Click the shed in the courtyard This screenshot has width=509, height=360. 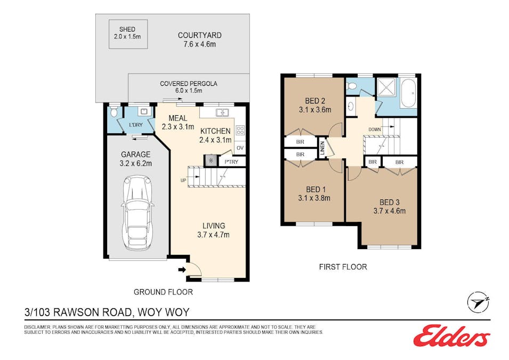pos(128,34)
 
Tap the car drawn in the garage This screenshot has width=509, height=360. pos(138,213)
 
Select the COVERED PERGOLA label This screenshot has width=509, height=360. pos(188,84)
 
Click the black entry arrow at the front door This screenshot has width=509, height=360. pos(182,269)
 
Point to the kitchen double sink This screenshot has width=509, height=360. pos(222,113)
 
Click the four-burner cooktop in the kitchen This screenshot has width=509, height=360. pos(240,130)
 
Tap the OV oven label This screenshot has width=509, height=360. pos(240,148)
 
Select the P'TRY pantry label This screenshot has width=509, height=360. pos(231,162)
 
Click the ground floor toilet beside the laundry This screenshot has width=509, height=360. pos(114,112)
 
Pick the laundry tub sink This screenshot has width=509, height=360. pos(144,111)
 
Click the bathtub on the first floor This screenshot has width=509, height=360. pos(408,93)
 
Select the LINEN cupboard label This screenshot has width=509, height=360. pos(322,148)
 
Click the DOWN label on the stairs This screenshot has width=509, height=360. pos(375,129)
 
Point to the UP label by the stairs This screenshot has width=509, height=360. pos(183,180)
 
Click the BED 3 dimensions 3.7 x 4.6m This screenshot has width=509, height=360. pos(389,211)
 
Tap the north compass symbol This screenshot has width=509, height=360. pos(478,302)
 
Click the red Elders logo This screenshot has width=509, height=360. pos(451,335)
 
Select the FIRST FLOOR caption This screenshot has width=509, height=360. pos(343,267)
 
